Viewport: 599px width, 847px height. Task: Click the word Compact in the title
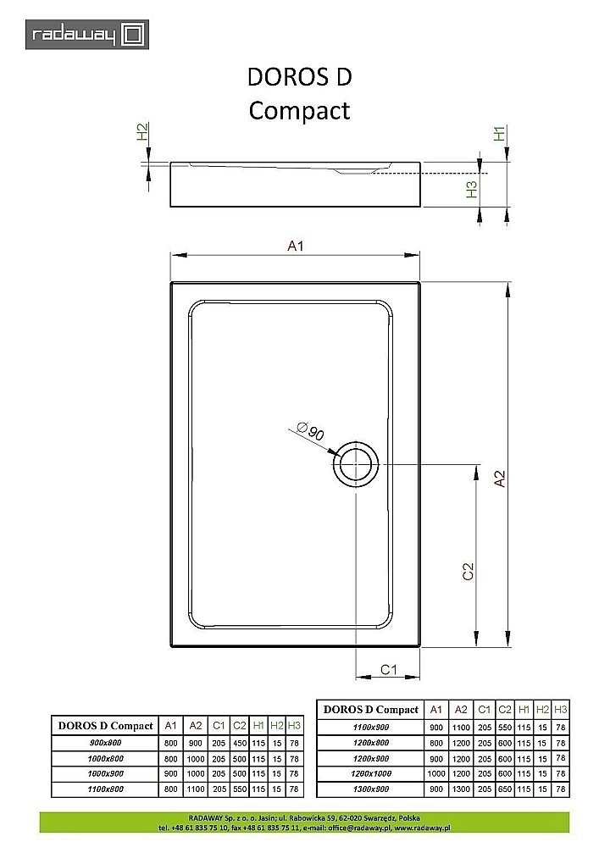coord(299,111)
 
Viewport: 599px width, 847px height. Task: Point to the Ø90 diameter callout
coord(312,432)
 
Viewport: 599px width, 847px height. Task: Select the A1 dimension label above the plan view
coord(296,246)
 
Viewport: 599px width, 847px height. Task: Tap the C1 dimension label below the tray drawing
coord(388,669)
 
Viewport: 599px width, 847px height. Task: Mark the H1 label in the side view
coord(500,133)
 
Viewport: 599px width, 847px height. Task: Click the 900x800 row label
coord(105,742)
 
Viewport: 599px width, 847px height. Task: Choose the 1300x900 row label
coord(371,789)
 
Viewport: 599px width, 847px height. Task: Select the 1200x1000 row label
coord(371,773)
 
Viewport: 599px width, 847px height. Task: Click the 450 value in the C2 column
coord(240,742)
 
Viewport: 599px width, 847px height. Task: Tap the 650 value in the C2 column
coord(504,789)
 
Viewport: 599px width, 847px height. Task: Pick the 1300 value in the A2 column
coord(460,789)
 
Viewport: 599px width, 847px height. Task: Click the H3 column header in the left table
coord(294,725)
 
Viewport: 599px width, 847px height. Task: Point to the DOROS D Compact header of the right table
coord(371,710)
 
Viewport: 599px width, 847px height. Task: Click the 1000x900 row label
coord(105,773)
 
